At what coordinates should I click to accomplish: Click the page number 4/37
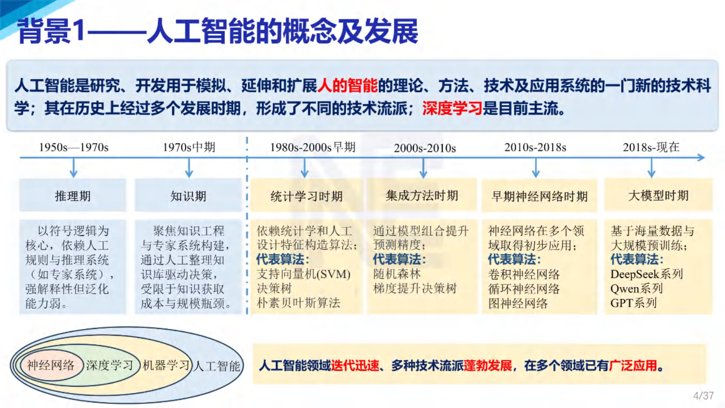703,396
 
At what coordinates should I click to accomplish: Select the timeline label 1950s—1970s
74,147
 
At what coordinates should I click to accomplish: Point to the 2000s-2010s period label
425,148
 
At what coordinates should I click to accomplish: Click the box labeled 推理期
73,195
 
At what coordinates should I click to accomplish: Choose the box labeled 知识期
188,195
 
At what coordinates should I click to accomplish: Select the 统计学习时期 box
307,195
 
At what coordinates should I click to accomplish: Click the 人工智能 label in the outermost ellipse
217,366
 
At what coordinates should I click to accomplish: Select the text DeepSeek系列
646,274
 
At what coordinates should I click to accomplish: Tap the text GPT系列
633,303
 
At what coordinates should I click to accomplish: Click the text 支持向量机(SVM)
303,274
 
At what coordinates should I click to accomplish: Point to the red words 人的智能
347,85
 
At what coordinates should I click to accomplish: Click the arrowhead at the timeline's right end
701,158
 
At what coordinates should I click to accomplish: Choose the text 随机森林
397,274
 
